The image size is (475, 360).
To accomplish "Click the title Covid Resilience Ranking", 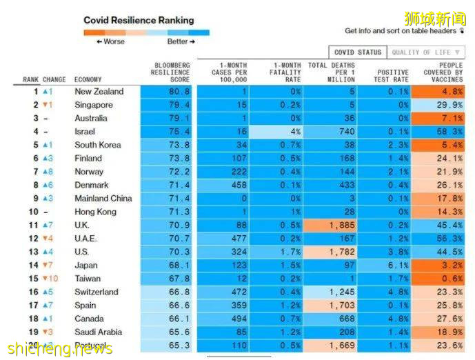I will point(139,21).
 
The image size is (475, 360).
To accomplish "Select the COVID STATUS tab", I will point(357,52).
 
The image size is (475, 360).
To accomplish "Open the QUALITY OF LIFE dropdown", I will point(426,52).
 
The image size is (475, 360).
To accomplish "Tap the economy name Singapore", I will point(94,105).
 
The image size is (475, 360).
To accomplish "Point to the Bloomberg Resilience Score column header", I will point(170,72).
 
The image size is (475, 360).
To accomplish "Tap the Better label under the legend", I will point(181,42).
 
